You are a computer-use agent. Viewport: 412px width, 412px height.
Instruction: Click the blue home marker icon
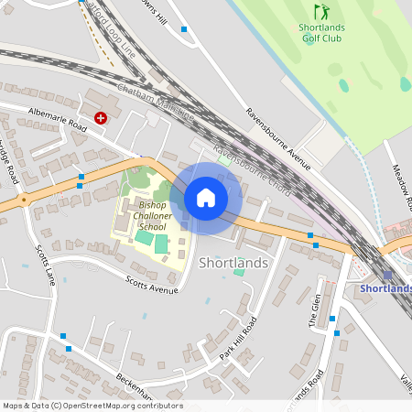click(x=206, y=198)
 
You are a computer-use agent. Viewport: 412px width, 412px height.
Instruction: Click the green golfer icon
click(x=321, y=13)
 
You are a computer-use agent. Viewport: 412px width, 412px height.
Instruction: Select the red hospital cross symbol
click(x=101, y=118)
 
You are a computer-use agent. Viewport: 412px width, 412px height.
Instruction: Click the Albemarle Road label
click(x=57, y=121)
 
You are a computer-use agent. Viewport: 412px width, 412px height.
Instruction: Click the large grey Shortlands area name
click(x=233, y=263)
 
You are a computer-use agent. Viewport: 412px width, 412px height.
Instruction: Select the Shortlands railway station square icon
click(x=388, y=275)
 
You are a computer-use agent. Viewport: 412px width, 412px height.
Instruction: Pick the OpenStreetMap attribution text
click(x=92, y=406)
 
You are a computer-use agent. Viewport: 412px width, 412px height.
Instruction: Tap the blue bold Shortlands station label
click(x=385, y=289)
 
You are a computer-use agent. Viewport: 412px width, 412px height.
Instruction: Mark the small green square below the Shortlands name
click(x=239, y=272)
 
